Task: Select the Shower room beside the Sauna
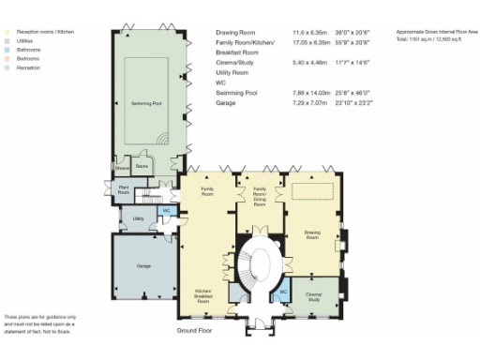point(122,169)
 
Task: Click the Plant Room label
point(123,188)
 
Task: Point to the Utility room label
point(138,218)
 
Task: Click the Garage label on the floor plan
point(143,267)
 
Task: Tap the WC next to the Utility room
point(166,211)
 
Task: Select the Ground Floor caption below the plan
point(198,331)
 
